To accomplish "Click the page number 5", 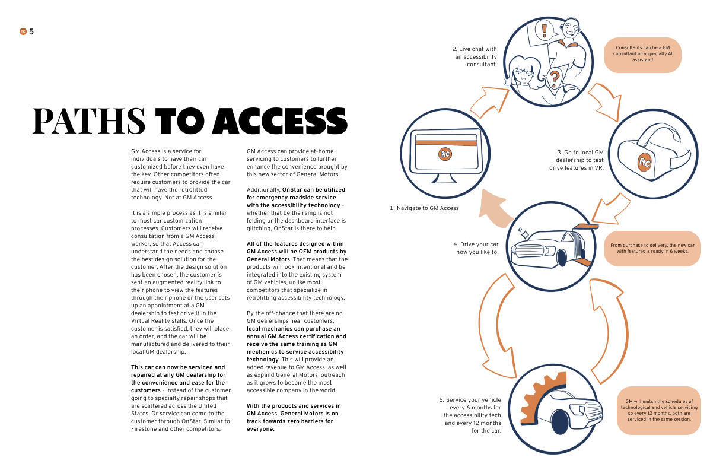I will tap(31, 31).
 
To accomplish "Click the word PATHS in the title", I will tap(89, 120).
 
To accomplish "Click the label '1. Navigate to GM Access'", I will tap(424, 208).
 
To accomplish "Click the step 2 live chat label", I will tap(476, 56).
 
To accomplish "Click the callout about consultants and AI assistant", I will tap(642, 54).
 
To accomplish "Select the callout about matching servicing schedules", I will tap(659, 410).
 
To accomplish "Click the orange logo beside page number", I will tap(23, 31).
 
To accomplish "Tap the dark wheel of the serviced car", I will tap(559, 422).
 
